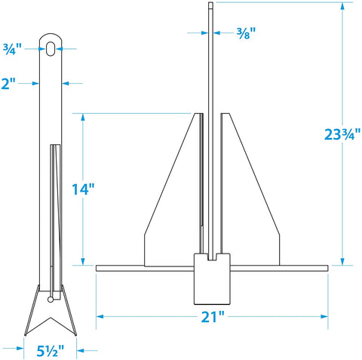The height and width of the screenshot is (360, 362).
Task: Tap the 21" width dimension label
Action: click(x=213, y=317)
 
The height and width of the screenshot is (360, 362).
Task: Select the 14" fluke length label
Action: click(x=83, y=189)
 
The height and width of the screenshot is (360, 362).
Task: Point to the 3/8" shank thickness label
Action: click(x=246, y=33)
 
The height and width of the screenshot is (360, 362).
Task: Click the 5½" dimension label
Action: click(x=51, y=351)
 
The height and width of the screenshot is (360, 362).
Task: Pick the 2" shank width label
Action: click(x=8, y=83)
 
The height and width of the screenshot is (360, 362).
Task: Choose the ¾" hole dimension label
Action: click(x=12, y=49)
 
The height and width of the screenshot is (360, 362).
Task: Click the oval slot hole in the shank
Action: click(x=51, y=48)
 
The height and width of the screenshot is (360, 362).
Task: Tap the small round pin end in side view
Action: click(x=51, y=300)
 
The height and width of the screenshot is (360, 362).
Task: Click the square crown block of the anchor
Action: click(x=212, y=279)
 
